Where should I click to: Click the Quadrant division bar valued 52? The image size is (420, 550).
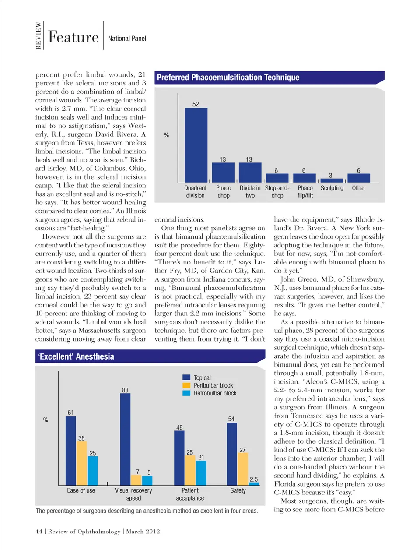(196, 145)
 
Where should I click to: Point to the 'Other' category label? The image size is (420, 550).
(358, 188)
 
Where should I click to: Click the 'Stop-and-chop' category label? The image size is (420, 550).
(277, 192)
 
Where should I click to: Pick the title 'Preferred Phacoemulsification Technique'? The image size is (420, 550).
(228, 78)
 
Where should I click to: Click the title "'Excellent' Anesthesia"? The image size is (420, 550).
(76, 356)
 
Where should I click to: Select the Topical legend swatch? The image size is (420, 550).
(186, 377)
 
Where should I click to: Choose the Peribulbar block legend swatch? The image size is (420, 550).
(186, 385)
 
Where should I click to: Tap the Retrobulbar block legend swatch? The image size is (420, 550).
(186, 393)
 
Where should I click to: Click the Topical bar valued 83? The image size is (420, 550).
(125, 439)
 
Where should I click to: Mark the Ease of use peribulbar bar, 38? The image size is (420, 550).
(81, 463)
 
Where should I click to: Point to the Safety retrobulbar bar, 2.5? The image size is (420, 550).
(254, 484)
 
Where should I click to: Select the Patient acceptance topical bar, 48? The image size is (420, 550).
(179, 458)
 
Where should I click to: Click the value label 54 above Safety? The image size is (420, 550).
(231, 419)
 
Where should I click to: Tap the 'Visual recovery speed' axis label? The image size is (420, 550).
(133, 494)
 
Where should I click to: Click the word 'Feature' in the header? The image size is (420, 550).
(73, 37)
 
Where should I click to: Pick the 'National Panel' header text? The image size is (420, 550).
(127, 39)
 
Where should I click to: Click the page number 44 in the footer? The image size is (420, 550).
(39, 532)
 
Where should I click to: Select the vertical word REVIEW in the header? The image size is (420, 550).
(38, 36)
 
